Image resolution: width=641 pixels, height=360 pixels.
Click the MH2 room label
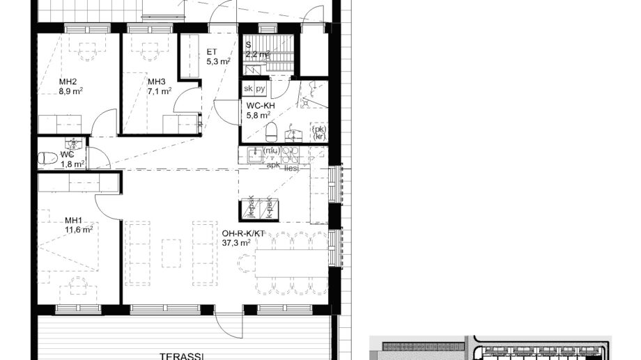pos(67,81)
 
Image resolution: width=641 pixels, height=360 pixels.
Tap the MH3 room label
pos(157,81)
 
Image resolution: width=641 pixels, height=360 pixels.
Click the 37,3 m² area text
pos(237,243)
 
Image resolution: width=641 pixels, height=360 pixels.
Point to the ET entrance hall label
pos(212,52)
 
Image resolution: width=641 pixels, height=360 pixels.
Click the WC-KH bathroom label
pos(261,106)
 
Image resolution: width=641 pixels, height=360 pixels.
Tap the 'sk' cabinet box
pos(248,89)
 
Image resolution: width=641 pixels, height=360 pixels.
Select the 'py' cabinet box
pos(261,89)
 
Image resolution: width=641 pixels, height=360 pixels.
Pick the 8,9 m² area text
pos(70,91)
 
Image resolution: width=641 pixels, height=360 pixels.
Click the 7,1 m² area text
pos(160,91)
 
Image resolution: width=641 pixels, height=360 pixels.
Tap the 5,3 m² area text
pos(218,61)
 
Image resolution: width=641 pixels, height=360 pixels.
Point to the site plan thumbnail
pos(491,348)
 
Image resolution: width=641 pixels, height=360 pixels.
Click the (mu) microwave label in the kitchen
pos(271,150)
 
